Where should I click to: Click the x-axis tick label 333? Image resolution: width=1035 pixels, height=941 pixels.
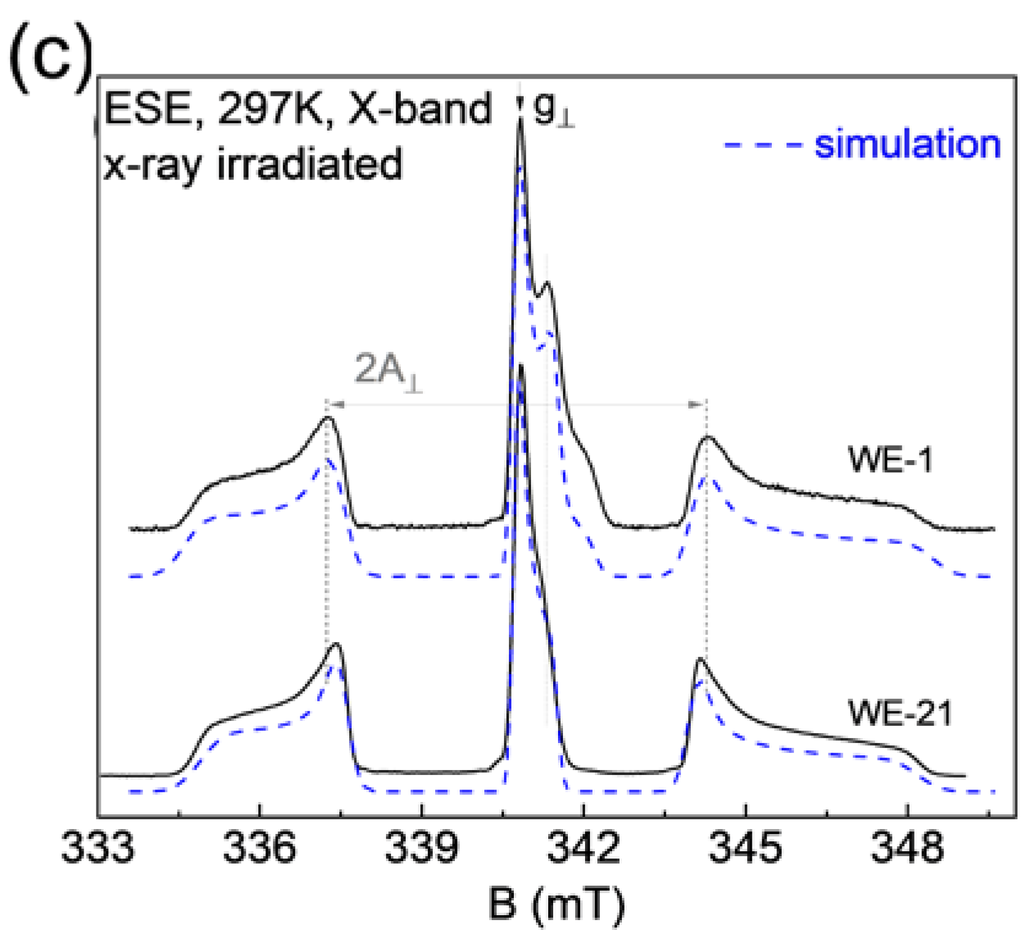(x=98, y=852)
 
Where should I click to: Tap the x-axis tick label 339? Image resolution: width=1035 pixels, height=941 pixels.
(x=422, y=852)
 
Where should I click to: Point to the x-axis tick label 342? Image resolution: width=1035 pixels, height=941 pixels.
(x=583, y=852)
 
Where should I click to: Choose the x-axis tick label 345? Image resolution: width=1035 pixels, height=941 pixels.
(x=746, y=852)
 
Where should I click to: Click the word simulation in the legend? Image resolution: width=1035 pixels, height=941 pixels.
(x=907, y=145)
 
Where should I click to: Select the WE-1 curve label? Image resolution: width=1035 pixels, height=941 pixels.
(x=891, y=460)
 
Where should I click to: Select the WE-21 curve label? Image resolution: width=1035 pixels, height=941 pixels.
(x=900, y=714)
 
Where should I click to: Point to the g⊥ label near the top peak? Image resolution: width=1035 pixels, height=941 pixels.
(x=553, y=113)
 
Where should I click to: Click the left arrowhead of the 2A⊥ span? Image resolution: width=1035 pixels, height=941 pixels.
(x=332, y=404)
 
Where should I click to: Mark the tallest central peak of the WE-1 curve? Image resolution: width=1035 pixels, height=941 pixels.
(x=520, y=123)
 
